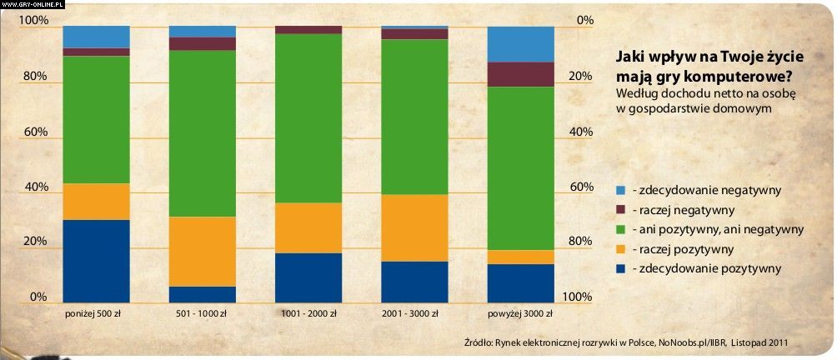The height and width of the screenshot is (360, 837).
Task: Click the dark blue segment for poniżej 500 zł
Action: (96, 261)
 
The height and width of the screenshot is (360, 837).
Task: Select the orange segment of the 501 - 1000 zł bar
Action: (202, 252)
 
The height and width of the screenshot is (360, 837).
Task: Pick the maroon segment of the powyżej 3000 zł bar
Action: (520, 74)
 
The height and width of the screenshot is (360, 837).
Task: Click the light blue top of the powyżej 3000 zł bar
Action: (520, 44)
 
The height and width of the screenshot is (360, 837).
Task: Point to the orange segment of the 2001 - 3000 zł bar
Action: (414, 228)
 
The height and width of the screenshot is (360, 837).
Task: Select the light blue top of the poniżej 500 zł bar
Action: (96, 37)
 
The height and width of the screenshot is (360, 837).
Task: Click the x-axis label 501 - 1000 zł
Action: (202, 314)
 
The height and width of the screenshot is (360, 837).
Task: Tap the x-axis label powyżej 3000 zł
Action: (520, 314)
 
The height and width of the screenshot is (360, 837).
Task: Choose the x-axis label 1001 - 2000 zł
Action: (308, 314)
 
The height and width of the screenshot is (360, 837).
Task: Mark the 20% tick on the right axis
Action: (581, 77)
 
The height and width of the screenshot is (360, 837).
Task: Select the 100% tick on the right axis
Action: (578, 297)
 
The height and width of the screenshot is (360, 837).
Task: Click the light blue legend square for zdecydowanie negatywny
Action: (620, 191)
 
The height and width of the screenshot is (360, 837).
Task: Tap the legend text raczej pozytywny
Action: (684, 249)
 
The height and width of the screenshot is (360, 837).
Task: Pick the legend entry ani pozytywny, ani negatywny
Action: (718, 229)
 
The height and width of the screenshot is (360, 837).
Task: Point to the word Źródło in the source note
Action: (479, 342)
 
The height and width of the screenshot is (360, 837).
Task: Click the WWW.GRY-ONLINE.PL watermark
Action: (33, 4)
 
